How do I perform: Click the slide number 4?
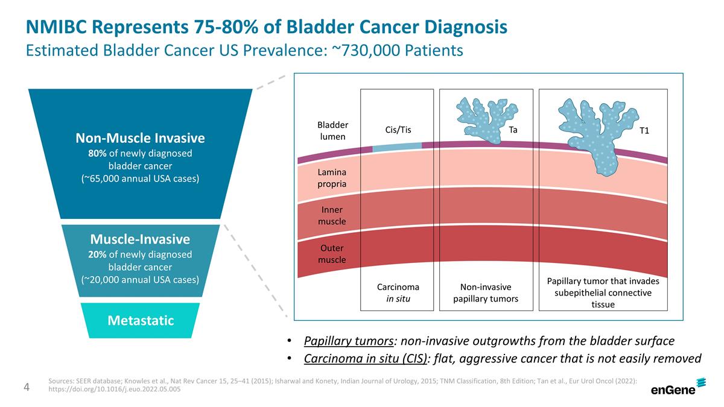point(27,386)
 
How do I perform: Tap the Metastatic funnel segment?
point(140,320)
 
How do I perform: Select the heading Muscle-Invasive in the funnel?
point(140,239)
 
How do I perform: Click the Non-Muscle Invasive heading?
point(140,138)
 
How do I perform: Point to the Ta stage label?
point(513,130)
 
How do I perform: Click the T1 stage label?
point(644,131)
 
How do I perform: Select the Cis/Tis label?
point(398,130)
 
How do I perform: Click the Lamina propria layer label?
point(332,178)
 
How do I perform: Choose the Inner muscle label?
point(332,216)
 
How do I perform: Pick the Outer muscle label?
point(332,254)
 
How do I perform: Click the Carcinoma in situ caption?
point(398,292)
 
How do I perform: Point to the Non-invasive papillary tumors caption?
point(486,292)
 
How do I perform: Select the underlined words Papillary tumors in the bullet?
point(348,341)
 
